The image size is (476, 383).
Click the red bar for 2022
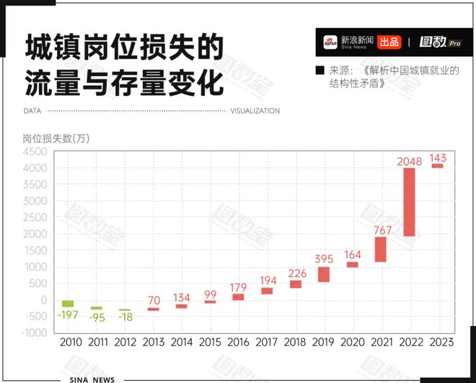pos(409,202)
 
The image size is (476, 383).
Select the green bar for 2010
pos(68,304)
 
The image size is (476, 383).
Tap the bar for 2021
pos(380,249)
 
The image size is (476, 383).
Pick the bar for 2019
pos(324,274)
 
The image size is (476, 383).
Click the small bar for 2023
pos(437,166)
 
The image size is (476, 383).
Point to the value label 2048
pos(409,161)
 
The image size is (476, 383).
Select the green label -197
pos(68,314)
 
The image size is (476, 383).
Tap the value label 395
pos(324,259)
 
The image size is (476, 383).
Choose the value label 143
pos(437,157)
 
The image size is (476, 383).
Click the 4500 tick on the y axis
pos(35,152)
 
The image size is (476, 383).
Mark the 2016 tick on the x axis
pos(239,343)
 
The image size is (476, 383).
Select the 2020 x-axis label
pos(352,343)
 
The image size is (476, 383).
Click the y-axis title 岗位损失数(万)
pos(56,138)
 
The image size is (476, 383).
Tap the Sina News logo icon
pos(330,42)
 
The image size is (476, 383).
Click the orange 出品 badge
pos(389,42)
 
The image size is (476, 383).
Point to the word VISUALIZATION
pos(255,111)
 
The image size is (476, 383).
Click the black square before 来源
pos(319,71)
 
